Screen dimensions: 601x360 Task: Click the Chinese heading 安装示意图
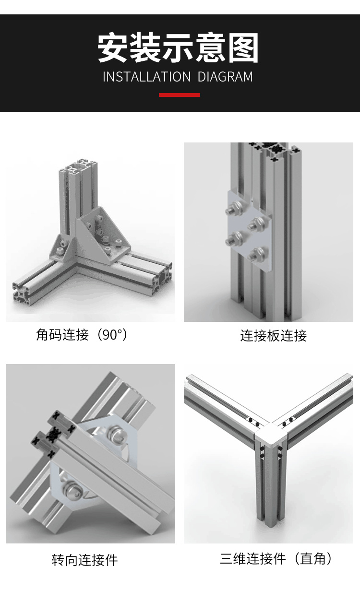178,48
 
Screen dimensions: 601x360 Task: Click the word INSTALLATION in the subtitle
147,77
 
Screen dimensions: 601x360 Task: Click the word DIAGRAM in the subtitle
225,77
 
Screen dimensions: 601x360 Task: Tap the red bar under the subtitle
180,95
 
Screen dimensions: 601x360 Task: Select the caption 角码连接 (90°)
82,335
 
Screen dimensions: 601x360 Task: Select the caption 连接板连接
273,335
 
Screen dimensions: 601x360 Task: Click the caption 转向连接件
84,559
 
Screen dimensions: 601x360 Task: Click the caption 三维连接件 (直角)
276,558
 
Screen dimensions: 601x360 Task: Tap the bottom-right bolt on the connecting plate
260,252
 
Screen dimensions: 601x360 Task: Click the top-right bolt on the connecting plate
258,223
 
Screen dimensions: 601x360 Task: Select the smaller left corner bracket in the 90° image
60,247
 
